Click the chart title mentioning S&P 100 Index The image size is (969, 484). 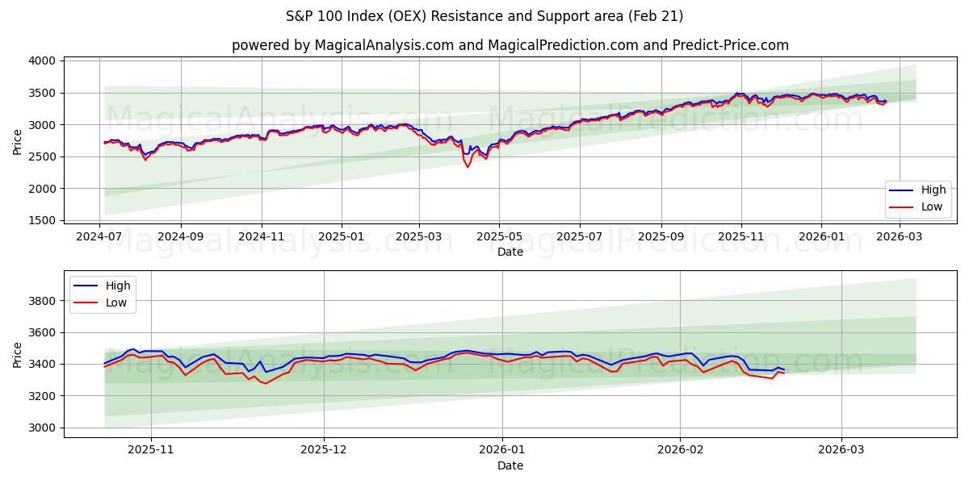coord(484,16)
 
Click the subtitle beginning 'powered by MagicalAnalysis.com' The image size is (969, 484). coord(510,45)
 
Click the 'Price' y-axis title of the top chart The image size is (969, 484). coord(18,140)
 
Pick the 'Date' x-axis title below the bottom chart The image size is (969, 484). coord(510,465)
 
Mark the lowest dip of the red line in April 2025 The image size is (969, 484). coord(468,167)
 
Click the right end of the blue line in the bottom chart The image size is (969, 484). coord(784,369)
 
